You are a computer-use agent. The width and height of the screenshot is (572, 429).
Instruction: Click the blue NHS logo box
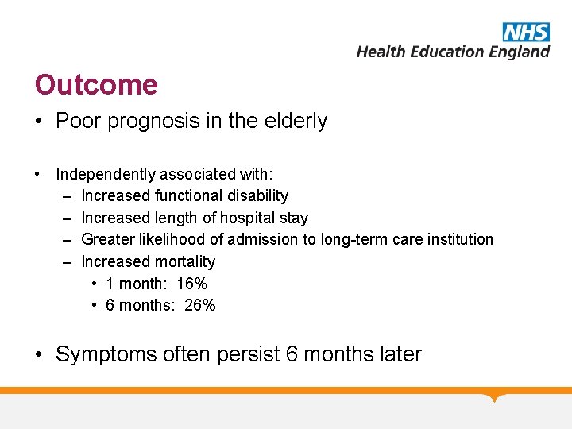pyautogui.click(x=525, y=32)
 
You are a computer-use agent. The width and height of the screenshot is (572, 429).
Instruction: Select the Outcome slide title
pyautogui.click(x=96, y=84)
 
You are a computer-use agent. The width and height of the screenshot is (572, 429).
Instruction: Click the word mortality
pyautogui.click(x=185, y=261)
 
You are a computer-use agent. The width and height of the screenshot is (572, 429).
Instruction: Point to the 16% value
pyautogui.click(x=191, y=284)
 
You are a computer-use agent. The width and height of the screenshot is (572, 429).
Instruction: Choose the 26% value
pyautogui.click(x=199, y=305)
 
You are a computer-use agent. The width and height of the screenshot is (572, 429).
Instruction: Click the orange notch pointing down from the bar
pyautogui.click(x=497, y=397)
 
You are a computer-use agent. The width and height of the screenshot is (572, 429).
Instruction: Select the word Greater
pyautogui.click(x=107, y=239)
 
